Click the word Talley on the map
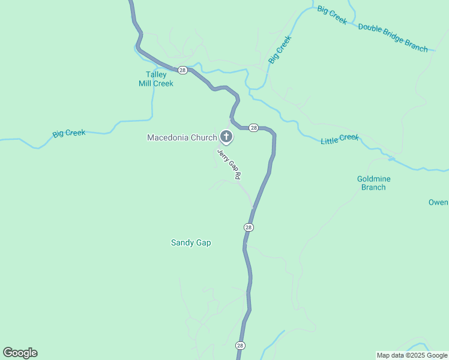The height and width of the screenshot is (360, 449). pyautogui.click(x=156, y=75)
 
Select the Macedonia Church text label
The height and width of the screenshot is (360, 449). pyautogui.click(x=182, y=138)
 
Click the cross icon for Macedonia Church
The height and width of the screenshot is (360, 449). pyautogui.click(x=226, y=137)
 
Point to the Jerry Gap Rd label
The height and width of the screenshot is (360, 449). pyautogui.click(x=229, y=164)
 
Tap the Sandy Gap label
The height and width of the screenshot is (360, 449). pyautogui.click(x=191, y=243)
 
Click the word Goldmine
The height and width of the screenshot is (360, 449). pyautogui.click(x=373, y=179)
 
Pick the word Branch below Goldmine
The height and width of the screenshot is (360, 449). pyautogui.click(x=373, y=187)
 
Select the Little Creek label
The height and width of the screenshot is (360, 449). pyautogui.click(x=340, y=139)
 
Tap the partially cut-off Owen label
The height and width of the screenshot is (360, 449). pyautogui.click(x=438, y=202)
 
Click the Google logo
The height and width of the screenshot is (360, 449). pyautogui.click(x=20, y=353)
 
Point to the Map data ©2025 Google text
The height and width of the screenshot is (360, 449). pyautogui.click(x=412, y=355)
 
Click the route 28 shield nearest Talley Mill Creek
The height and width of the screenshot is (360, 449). pyautogui.click(x=182, y=70)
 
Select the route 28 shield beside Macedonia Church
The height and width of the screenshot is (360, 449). pyautogui.click(x=253, y=128)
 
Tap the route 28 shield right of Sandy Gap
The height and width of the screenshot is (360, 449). pyautogui.click(x=249, y=227)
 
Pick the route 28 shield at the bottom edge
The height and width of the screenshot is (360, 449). pyautogui.click(x=240, y=346)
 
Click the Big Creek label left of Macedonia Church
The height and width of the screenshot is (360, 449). pyautogui.click(x=69, y=133)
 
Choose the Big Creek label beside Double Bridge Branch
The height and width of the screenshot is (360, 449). pyautogui.click(x=332, y=15)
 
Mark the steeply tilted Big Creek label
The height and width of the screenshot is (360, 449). pyautogui.click(x=280, y=50)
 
